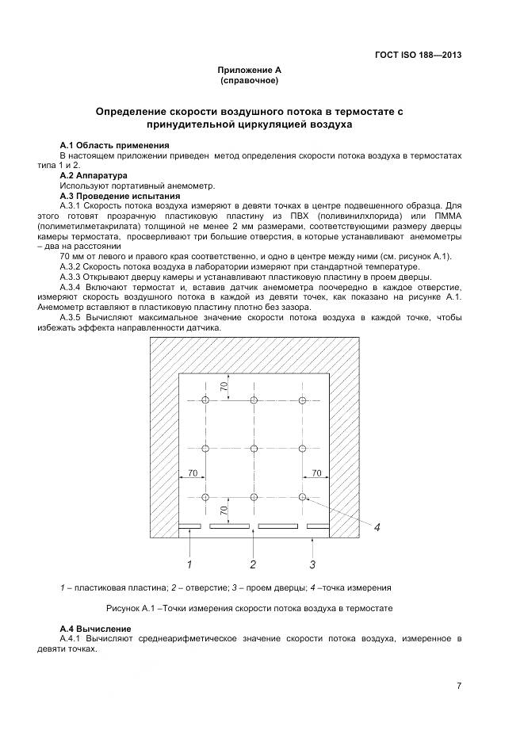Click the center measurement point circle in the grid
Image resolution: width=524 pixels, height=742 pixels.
(x=254, y=449)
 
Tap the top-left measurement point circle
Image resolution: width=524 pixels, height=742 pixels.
(x=205, y=400)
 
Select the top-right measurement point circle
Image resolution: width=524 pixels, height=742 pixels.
(x=303, y=400)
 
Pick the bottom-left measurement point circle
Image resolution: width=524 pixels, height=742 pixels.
(x=205, y=497)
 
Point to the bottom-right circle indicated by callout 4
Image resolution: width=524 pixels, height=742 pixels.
(x=303, y=497)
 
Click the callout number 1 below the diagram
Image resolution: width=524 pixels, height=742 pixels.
(x=189, y=564)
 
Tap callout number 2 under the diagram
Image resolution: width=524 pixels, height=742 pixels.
(x=253, y=564)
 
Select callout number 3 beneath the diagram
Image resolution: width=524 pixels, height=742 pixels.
(x=312, y=564)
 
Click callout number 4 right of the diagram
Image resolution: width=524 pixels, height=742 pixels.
(x=377, y=527)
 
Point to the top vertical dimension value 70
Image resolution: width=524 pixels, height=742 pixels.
(x=224, y=387)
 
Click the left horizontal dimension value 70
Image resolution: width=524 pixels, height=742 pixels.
(x=191, y=473)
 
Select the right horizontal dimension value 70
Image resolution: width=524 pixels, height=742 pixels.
(x=316, y=473)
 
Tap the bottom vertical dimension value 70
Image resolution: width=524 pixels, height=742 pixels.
(x=224, y=511)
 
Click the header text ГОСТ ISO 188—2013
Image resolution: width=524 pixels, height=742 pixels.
(x=418, y=55)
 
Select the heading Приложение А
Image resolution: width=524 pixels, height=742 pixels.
(x=250, y=71)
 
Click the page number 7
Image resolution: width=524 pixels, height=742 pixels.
(x=459, y=686)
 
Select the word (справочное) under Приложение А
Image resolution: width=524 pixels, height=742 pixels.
(x=249, y=81)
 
